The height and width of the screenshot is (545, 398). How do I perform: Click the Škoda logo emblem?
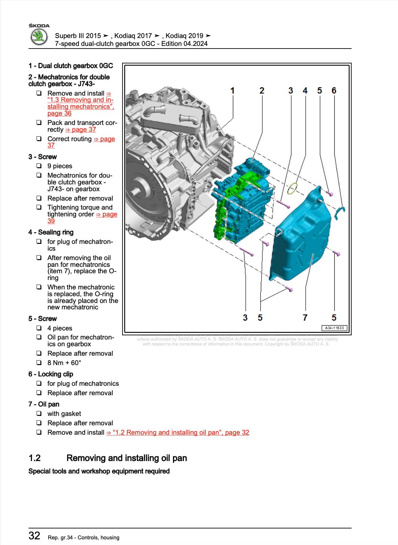pos(38,38)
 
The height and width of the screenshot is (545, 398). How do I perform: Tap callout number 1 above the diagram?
pos(233,90)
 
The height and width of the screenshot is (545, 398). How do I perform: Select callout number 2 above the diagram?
pos(262,90)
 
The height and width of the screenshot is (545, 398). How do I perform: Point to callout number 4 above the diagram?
pos(305,90)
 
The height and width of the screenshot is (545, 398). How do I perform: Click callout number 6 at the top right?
pos(334,90)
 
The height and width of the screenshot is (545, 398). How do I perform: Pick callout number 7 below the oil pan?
pos(305,317)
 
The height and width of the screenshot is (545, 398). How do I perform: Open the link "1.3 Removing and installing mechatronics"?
pos(80,103)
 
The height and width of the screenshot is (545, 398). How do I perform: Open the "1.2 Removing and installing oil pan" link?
pos(178,432)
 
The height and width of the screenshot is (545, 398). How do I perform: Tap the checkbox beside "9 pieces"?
pos(39,166)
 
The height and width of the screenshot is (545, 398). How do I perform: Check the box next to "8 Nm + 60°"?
pos(39,363)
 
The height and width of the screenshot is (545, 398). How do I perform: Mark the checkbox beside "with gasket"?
pos(39,414)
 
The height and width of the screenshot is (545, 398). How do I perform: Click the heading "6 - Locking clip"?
pos(51,374)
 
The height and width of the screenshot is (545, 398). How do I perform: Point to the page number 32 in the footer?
pos(34,536)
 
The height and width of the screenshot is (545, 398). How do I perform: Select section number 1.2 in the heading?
pos(35,458)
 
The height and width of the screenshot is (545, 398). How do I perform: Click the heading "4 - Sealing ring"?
pos(51,232)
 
